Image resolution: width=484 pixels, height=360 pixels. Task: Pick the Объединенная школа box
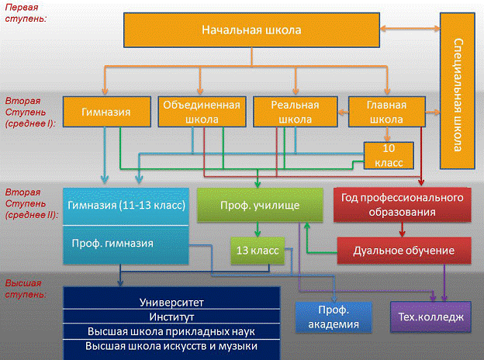200,112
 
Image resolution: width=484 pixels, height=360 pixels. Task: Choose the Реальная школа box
295,112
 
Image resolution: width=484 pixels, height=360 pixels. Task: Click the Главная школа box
386,112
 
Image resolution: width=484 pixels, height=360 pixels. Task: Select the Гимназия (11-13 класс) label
126,206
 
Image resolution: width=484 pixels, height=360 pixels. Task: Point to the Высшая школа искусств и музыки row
171,346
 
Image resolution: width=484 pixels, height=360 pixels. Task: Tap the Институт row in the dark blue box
171,317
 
